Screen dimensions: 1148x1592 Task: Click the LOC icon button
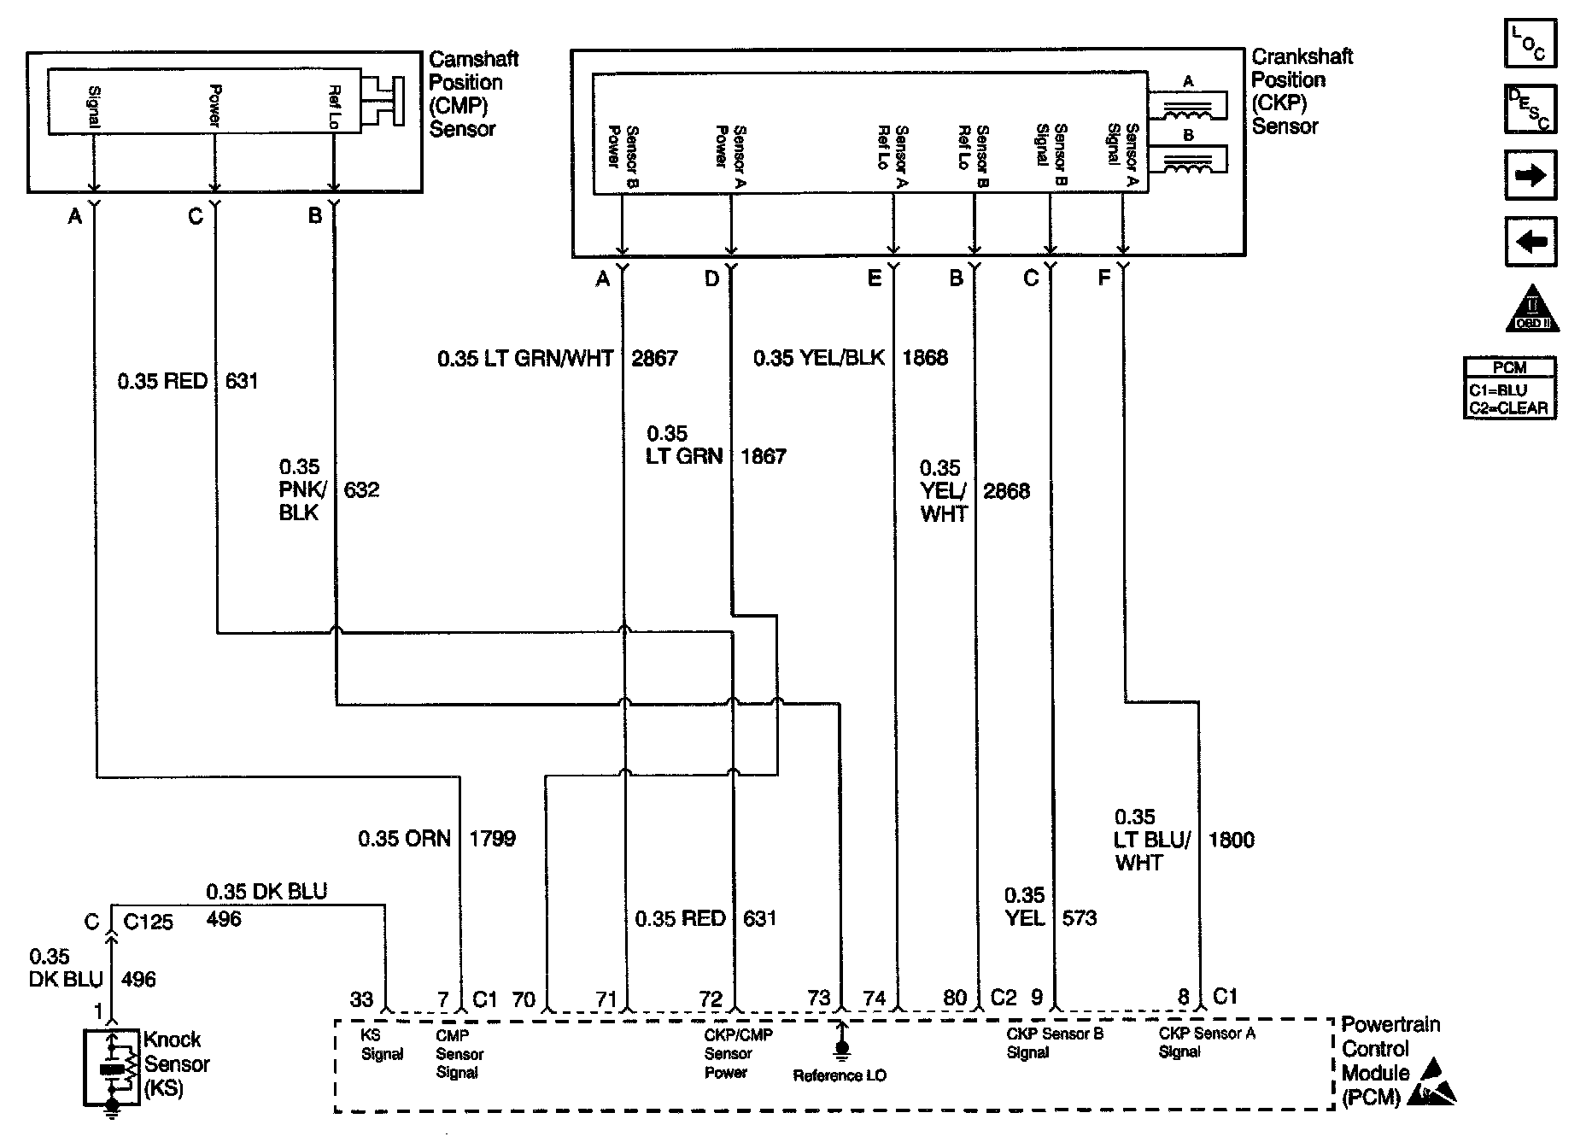1530,43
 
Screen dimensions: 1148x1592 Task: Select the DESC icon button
1530,108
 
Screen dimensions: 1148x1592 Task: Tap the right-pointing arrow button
1530,175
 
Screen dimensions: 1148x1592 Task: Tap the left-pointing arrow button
1530,242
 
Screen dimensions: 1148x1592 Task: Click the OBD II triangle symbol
1532,308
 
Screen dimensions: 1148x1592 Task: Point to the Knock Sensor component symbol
112,1068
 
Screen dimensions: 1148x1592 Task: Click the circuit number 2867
654,358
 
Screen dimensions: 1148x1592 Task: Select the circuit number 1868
925,358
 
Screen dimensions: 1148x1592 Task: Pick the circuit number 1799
492,839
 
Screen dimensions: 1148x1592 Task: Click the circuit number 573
1080,918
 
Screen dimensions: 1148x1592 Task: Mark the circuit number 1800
1231,840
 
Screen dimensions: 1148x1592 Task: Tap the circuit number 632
361,490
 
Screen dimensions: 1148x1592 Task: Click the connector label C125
148,922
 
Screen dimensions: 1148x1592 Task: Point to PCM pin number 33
361,999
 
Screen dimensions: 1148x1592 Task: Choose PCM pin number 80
955,998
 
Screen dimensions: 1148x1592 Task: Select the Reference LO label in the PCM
840,1075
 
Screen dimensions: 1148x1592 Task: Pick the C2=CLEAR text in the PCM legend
1508,408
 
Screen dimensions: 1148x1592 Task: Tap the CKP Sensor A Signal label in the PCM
1206,1043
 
